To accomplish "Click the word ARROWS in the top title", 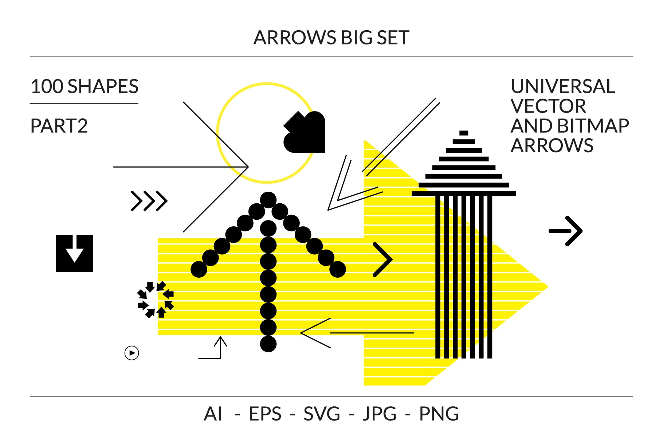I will pyautogui.click(x=295, y=38).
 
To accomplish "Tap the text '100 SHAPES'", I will pyautogui.click(x=85, y=87).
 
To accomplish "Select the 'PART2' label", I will pyautogui.click(x=59, y=126).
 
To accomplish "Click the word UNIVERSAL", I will pyautogui.click(x=563, y=87).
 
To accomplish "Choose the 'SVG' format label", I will pyautogui.click(x=322, y=414).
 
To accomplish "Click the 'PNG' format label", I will pyautogui.click(x=439, y=414).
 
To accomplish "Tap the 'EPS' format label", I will pyautogui.click(x=265, y=414).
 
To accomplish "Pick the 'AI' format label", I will pyautogui.click(x=213, y=414).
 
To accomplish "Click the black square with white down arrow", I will pyautogui.click(x=75, y=254).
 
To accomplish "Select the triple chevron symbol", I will pyautogui.click(x=149, y=201).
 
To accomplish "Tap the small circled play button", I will pyautogui.click(x=132, y=353).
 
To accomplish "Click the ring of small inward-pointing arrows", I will pyautogui.click(x=156, y=300).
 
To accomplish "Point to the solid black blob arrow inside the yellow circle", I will pyautogui.click(x=305, y=133).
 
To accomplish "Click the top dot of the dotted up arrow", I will pyautogui.click(x=268, y=200).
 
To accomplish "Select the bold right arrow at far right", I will pyautogui.click(x=566, y=231).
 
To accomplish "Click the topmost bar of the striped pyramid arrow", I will pyautogui.click(x=464, y=133).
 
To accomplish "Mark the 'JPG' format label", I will pyautogui.click(x=380, y=414).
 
